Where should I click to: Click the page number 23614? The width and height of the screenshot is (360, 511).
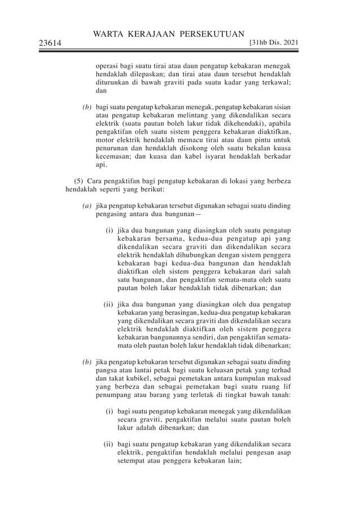(50, 42)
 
